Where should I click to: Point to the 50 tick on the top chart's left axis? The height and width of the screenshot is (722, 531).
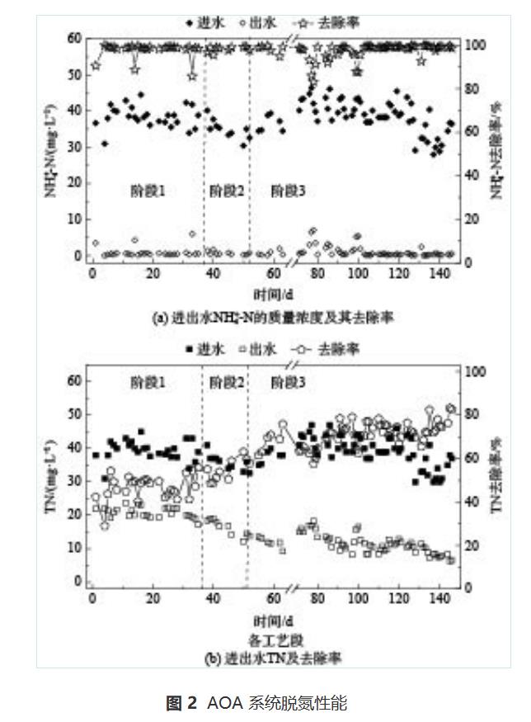point(76,74)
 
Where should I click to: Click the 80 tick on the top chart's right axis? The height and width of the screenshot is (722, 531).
point(468,88)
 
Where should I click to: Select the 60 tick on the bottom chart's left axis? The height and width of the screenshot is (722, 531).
point(76,380)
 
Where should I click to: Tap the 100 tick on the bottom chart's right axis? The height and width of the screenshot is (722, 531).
point(470,371)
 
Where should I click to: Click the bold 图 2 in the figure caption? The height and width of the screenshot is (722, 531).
point(181,703)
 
